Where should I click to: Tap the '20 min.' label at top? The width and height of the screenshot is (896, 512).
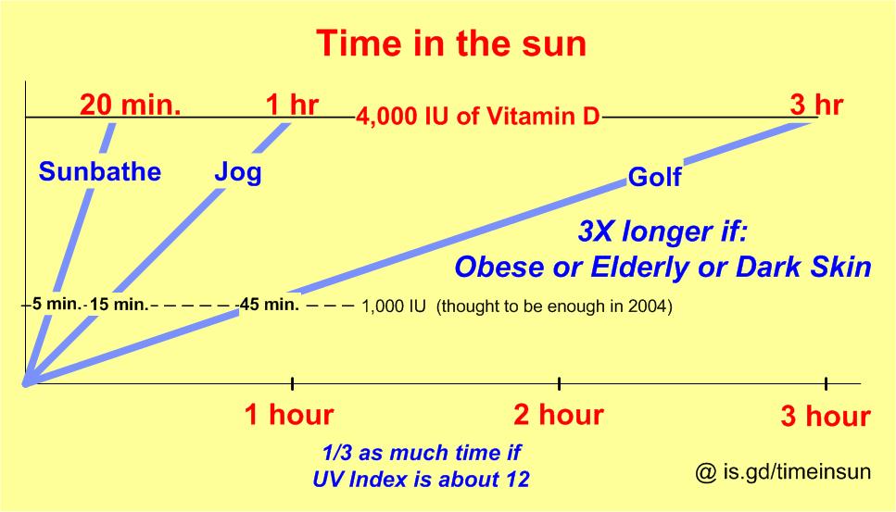click(130, 106)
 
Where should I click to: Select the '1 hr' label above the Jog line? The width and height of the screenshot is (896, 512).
click(292, 105)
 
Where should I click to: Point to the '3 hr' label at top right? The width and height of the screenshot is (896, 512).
click(816, 105)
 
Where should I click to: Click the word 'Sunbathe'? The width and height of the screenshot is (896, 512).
click(100, 171)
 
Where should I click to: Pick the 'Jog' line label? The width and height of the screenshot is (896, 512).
click(238, 172)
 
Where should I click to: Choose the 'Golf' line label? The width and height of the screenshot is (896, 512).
click(654, 177)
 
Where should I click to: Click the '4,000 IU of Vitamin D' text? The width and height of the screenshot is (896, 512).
click(478, 119)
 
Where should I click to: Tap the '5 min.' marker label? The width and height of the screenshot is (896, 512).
click(57, 303)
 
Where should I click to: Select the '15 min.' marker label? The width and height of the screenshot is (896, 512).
click(119, 305)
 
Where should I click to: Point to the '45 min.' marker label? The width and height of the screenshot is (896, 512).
click(269, 305)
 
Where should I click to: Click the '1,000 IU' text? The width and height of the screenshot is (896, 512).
click(394, 306)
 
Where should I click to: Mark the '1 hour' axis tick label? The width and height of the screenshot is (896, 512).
click(288, 416)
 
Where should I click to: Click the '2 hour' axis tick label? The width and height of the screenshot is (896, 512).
click(558, 415)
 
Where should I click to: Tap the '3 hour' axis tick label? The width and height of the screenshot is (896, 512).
click(826, 417)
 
